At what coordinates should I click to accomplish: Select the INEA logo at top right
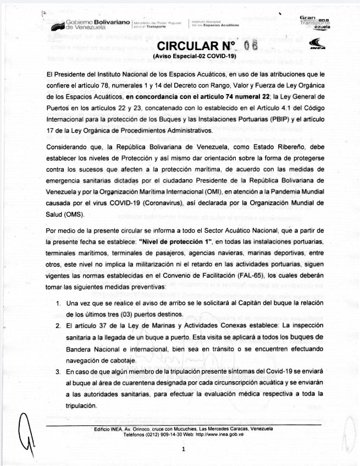pyautogui.click(x=318, y=45)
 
